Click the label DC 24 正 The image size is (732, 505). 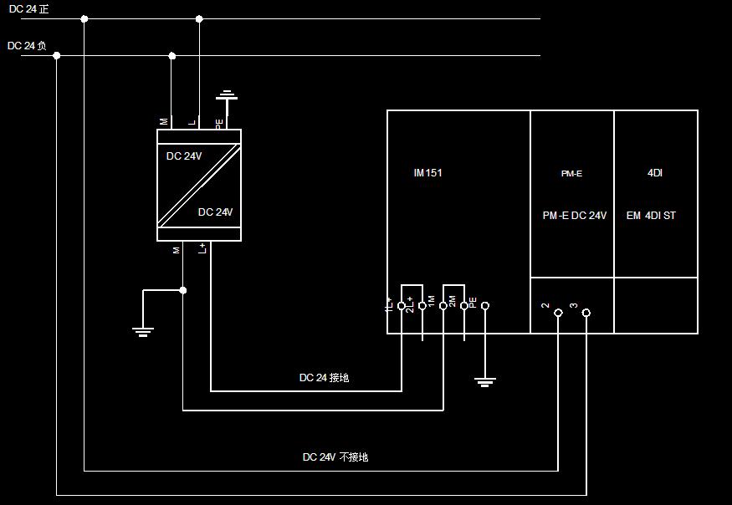click(28, 8)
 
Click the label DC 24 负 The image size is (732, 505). click(27, 46)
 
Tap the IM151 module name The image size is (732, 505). click(427, 173)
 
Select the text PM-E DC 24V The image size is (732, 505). click(574, 216)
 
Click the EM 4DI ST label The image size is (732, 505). click(651, 216)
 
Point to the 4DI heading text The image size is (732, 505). click(655, 173)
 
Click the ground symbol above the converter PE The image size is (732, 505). click(227, 96)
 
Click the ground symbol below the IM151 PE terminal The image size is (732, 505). click(484, 381)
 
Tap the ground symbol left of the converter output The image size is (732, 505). click(144, 331)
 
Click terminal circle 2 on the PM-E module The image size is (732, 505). click(558, 313)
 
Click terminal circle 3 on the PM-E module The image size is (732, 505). click(586, 313)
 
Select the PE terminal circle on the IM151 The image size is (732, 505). click(484, 306)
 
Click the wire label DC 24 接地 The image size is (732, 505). click(324, 378)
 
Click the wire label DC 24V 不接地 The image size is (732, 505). click(335, 457)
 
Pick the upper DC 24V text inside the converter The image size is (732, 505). click(184, 156)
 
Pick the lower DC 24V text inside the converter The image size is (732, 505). click(215, 212)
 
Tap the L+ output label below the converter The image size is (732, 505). click(202, 249)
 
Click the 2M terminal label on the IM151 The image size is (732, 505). click(453, 301)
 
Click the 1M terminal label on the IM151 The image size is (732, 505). click(432, 300)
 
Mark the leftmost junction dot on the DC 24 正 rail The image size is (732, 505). click(84, 18)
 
